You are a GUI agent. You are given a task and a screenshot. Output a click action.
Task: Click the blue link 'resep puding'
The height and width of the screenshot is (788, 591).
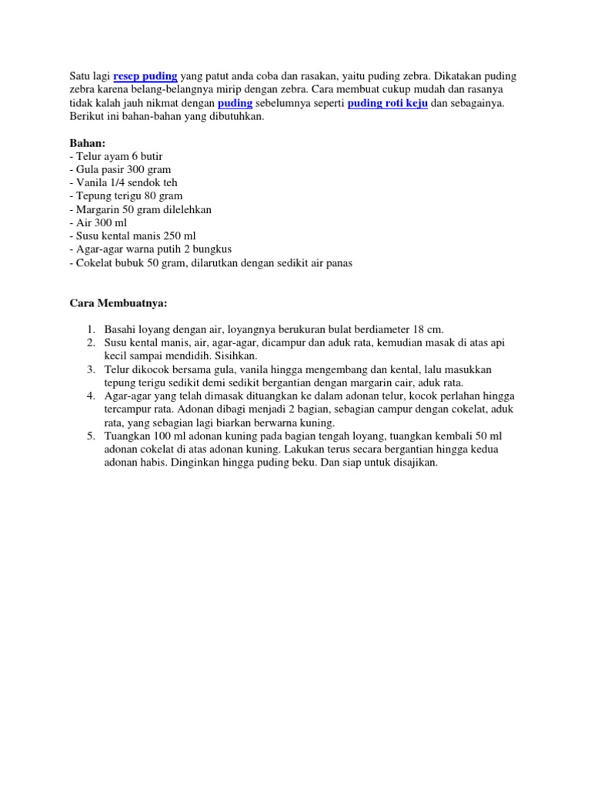(145, 76)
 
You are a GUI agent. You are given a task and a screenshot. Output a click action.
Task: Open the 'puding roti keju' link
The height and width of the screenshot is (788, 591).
(387, 103)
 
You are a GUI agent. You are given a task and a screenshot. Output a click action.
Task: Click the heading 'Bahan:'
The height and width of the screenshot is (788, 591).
(87, 143)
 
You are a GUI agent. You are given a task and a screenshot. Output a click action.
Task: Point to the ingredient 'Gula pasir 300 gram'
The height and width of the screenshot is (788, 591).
(121, 169)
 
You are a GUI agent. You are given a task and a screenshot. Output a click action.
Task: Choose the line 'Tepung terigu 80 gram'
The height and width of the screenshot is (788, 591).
(124, 195)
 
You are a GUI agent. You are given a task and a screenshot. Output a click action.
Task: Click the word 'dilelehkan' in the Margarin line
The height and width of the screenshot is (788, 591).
(185, 209)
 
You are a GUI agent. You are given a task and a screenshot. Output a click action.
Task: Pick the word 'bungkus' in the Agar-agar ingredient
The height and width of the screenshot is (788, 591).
(212, 249)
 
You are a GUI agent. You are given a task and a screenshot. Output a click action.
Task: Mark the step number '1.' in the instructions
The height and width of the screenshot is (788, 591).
(89, 329)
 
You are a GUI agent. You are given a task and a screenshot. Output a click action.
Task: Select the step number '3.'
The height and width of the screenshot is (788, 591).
(89, 370)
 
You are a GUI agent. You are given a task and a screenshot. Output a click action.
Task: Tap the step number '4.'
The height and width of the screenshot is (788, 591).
(89, 396)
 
